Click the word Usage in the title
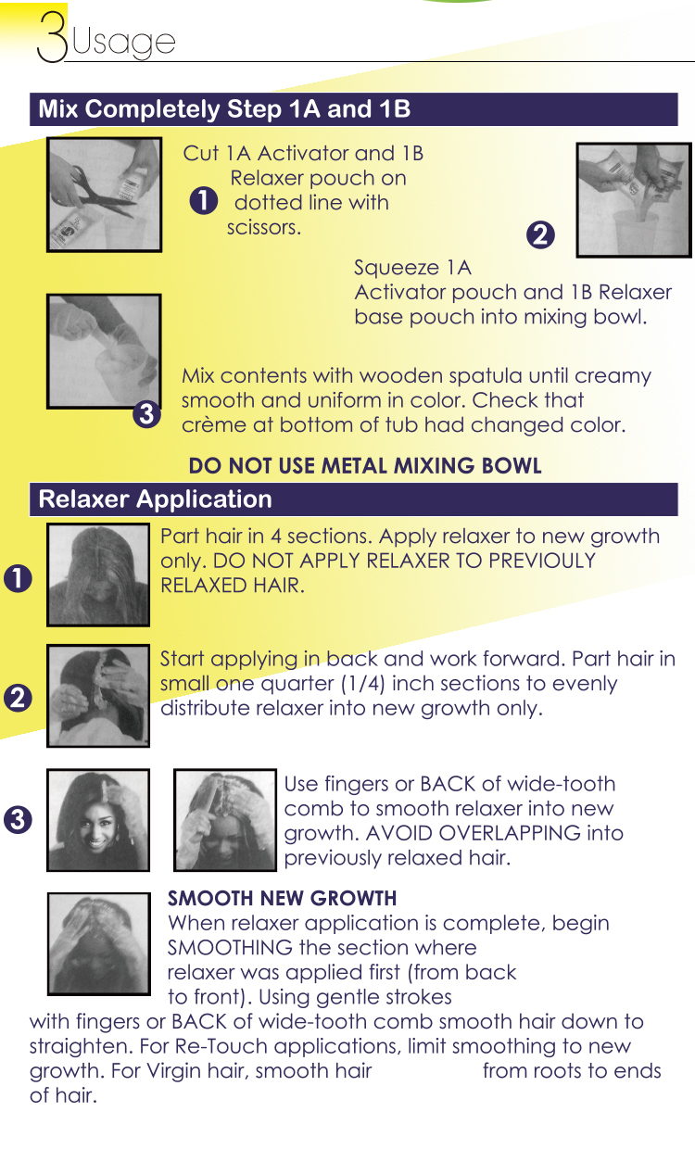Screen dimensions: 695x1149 click(x=123, y=41)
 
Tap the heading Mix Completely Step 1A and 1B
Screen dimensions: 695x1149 click(x=224, y=108)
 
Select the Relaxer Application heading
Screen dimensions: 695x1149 click(x=155, y=499)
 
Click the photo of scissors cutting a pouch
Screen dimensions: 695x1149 click(x=104, y=195)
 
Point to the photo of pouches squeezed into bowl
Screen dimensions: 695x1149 click(x=634, y=200)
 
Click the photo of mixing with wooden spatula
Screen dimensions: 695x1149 click(x=104, y=351)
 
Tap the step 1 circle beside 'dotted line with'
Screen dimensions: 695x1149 click(x=204, y=200)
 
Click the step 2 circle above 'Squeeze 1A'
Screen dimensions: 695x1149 click(x=540, y=235)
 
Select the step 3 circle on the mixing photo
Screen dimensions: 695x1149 click(x=146, y=414)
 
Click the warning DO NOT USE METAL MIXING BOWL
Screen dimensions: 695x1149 click(x=365, y=466)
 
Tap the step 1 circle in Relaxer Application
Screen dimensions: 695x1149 click(x=18, y=578)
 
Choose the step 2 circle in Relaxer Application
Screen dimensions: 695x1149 click(x=18, y=698)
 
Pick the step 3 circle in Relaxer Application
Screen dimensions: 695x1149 click(x=18, y=820)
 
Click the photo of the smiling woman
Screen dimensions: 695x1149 click(x=98, y=820)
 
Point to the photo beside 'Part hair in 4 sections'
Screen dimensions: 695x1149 click(x=98, y=575)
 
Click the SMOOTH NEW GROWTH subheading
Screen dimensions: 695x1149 click(x=283, y=898)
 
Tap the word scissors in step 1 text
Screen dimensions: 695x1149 click(x=264, y=227)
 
